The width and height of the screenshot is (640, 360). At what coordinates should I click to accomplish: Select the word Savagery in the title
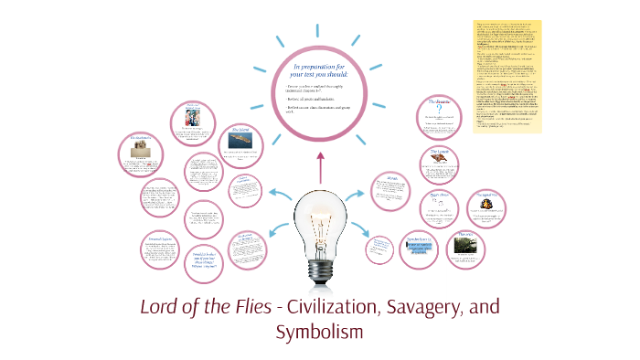coord(429,306)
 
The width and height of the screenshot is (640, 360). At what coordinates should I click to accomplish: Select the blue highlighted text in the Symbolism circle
coord(421,246)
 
